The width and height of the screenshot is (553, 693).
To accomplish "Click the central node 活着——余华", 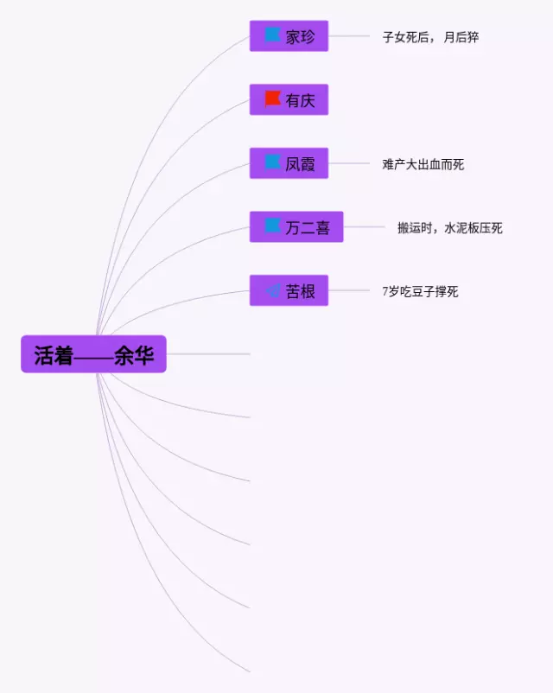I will coord(93,354).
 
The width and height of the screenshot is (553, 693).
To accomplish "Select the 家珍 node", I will coord(289,36).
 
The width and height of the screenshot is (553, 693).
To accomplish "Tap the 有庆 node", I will coord(289,100).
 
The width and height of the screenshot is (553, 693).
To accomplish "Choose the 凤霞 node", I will coord(289,163).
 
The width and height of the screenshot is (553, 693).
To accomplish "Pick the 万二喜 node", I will coord(296,227).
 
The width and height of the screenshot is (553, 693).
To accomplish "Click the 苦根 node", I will coord(289,291).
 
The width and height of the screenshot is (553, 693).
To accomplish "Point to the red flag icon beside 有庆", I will coord(273,99).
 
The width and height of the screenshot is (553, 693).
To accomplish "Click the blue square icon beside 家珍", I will coord(273,35).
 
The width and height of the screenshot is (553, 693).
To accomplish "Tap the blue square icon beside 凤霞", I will coord(273,162).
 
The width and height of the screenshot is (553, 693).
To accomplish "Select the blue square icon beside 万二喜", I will coord(273,226).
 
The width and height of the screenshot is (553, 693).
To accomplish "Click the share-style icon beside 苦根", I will coord(273,291).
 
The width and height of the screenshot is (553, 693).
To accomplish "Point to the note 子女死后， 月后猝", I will coord(430,37).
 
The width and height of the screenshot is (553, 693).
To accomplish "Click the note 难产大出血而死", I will coord(423,164).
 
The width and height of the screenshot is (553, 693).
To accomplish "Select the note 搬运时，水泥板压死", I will coord(449,228).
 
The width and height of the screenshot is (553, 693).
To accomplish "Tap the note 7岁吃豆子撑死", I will coord(420,292).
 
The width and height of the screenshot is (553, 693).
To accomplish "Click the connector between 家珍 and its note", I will coord(349,36).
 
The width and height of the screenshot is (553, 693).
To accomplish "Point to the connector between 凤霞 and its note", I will coord(349,163).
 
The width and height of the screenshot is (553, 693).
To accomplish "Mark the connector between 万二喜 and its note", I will coord(364,227).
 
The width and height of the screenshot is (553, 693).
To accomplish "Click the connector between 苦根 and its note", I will coord(349,291).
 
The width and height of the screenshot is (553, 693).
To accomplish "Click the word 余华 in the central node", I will coord(133,355).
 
